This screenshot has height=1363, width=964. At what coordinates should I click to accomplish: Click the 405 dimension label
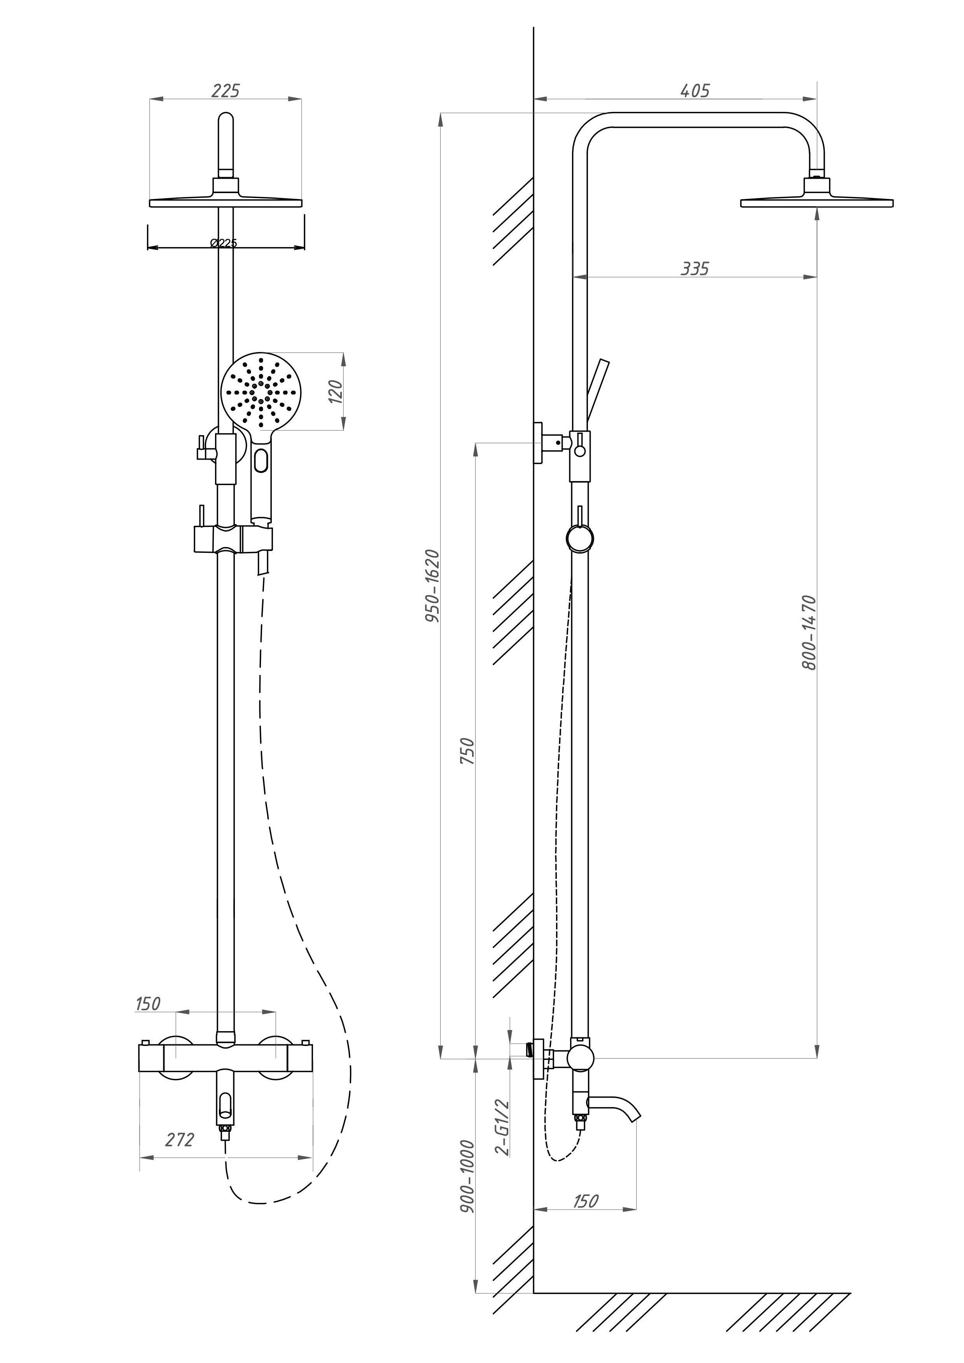pos(695,91)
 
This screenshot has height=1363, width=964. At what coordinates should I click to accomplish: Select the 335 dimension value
pos(695,269)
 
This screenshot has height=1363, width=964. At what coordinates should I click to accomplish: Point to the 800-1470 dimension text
pos(809,632)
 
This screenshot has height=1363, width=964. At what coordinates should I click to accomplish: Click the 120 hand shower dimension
pos(335,391)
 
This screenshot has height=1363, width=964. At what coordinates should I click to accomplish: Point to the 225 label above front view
pos(225,91)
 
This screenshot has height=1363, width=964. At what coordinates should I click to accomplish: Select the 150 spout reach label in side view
pos(585,1200)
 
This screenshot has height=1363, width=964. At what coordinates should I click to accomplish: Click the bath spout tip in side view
pos(635,1115)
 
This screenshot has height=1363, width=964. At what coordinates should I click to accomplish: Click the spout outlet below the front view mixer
pos(225,1104)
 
